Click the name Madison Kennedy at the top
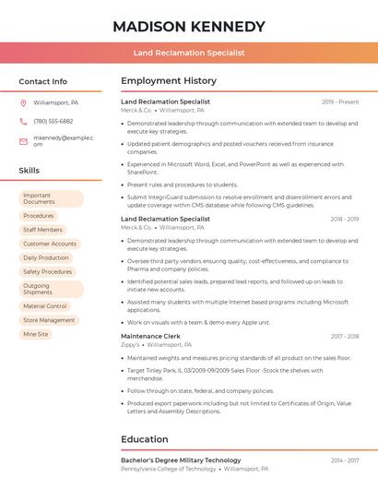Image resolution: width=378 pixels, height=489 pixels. pos(188,26)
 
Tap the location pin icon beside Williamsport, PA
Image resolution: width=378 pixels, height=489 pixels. pos(23,102)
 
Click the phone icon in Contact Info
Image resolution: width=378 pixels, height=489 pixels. pos(23,121)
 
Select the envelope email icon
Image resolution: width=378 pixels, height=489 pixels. pos(23,141)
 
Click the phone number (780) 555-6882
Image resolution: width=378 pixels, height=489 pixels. pos(53,121)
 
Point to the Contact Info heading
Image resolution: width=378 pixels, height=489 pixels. pos(42,81)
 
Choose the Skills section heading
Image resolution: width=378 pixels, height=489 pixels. pos(30,171)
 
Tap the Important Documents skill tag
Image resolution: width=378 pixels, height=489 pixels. pos(51,198)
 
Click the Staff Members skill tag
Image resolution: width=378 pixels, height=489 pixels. pos(42,230)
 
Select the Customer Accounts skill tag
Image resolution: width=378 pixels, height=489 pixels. pos(50,244)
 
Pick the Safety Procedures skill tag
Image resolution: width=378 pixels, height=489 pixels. pos(47,272)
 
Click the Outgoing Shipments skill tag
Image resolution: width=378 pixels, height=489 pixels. pos(51,290)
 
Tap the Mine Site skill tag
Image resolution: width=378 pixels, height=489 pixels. pos(36,334)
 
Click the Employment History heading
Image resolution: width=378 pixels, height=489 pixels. pos(169,81)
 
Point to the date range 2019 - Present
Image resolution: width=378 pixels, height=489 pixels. pos(340,101)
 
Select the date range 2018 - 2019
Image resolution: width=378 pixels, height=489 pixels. pos(343,220)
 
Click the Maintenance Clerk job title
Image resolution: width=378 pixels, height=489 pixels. pos(150,337)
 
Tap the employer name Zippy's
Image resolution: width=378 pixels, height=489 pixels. pos(131,345)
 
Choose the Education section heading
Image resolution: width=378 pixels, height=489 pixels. pos(144,439)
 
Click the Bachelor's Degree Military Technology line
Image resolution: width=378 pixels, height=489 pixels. pos(181,460)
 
